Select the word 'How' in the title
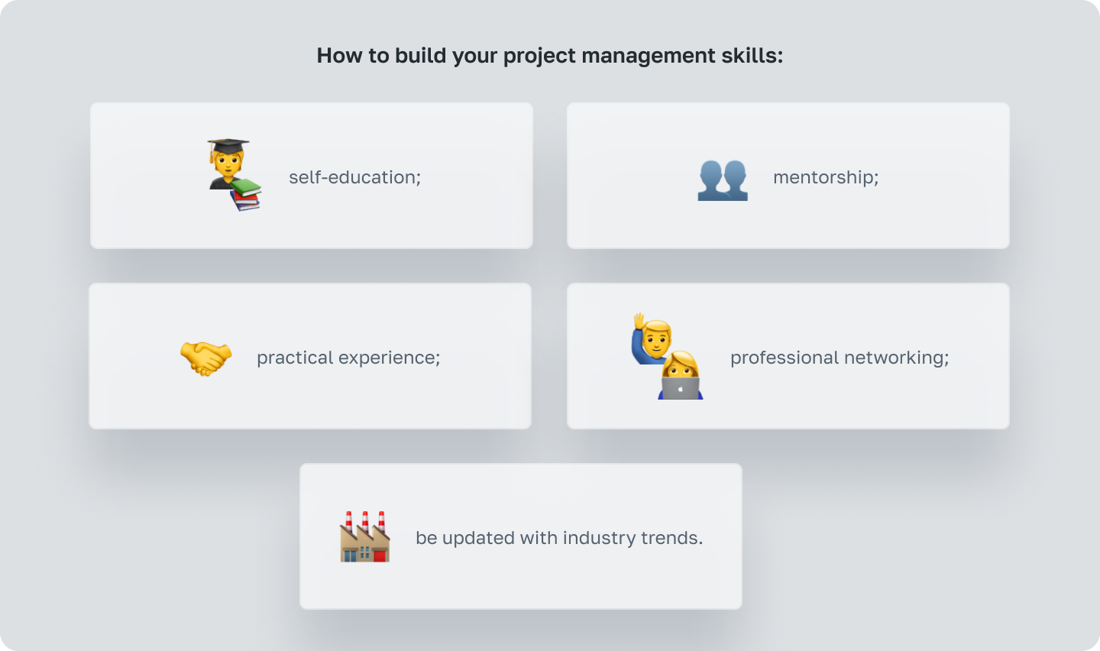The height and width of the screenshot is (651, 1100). pyautogui.click(x=335, y=56)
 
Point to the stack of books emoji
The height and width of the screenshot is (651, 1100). pyautogui.click(x=246, y=194)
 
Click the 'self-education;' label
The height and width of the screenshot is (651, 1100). pyautogui.click(x=354, y=177)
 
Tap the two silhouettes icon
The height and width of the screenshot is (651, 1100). pyautogui.click(x=723, y=180)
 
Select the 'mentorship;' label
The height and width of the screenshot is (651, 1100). pyautogui.click(x=826, y=177)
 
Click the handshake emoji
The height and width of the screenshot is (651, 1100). pyautogui.click(x=205, y=358)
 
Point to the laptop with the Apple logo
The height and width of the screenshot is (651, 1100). pyautogui.click(x=680, y=389)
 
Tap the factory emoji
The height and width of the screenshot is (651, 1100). pyautogui.click(x=365, y=538)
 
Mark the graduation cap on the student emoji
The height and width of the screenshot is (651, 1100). pyautogui.click(x=228, y=145)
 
